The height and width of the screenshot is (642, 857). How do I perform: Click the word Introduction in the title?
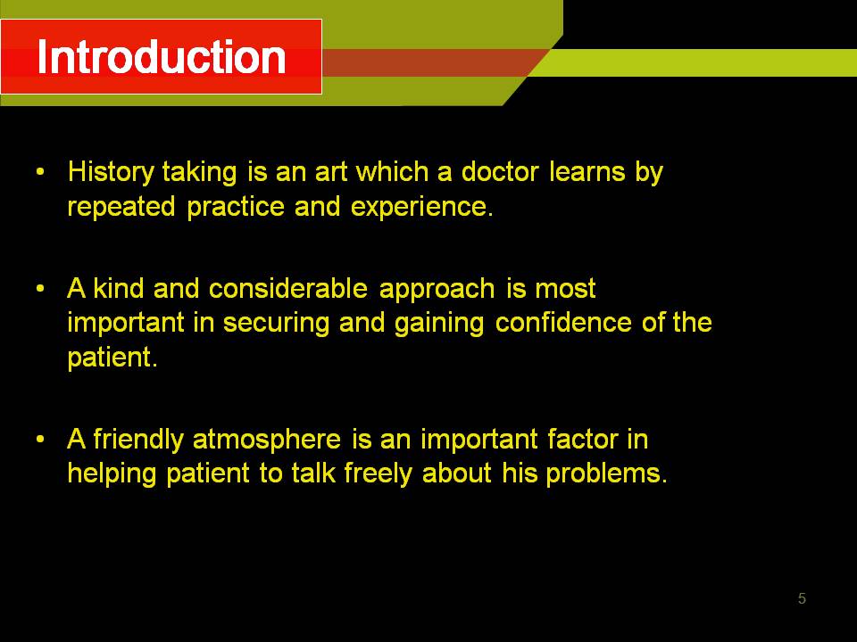click(162, 57)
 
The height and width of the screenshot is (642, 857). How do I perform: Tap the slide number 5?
click(802, 598)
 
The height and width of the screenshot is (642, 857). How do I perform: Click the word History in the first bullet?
click(111, 173)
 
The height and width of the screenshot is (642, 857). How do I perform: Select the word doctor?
click(500, 171)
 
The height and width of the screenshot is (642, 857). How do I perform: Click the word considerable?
click(288, 288)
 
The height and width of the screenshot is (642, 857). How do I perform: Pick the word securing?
click(276, 324)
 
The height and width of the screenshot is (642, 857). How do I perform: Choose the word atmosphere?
click(267, 440)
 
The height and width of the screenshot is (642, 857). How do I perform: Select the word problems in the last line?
click(607, 473)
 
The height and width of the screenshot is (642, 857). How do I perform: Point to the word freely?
click(379, 473)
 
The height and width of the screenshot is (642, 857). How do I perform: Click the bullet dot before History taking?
click(40, 172)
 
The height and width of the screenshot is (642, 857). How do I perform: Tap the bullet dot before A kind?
click(40, 288)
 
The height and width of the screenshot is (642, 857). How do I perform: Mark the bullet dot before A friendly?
click(40, 439)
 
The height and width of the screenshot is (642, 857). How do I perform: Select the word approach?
click(437, 289)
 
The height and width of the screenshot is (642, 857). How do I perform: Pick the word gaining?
click(439, 324)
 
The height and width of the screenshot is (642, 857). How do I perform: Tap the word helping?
click(112, 473)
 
